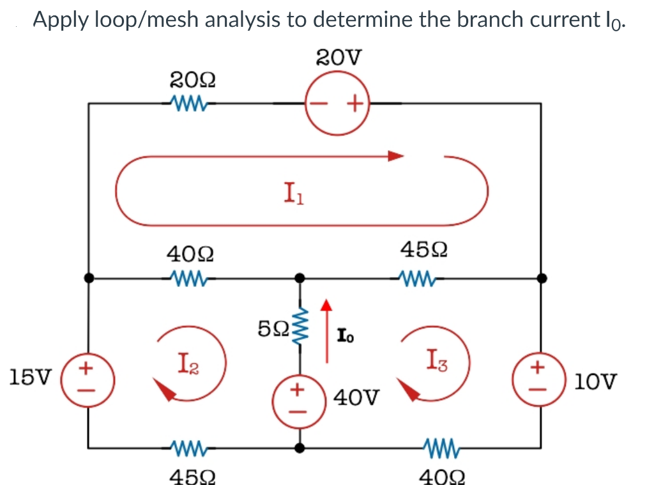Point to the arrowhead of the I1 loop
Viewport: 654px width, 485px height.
(x=395, y=155)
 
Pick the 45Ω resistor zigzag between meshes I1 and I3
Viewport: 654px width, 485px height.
(x=416, y=279)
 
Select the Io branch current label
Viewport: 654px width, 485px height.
(x=344, y=334)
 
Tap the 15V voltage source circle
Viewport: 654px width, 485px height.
(x=89, y=378)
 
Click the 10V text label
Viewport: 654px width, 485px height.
(x=596, y=382)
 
